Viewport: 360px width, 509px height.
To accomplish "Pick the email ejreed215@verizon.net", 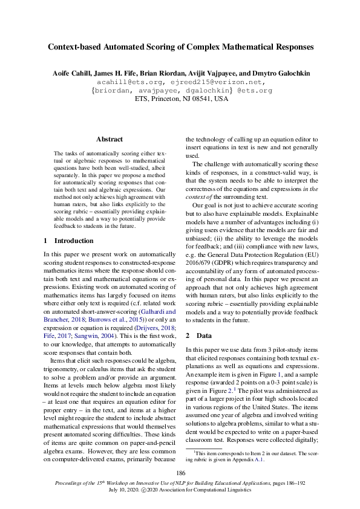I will tap(214, 82).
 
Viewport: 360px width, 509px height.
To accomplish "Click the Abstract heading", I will tap(109, 139).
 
